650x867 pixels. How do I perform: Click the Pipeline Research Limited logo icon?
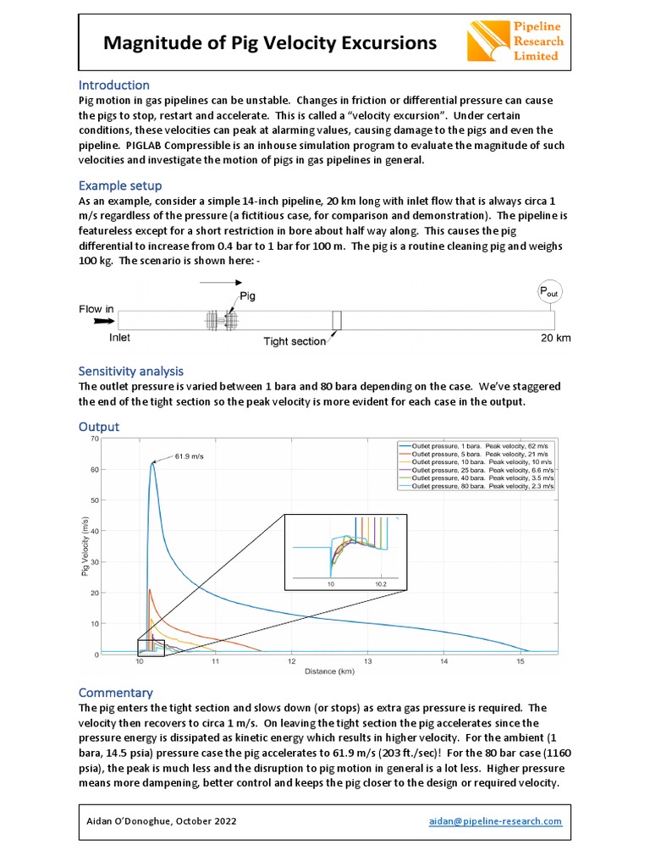(485, 41)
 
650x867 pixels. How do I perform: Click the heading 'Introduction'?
(113, 86)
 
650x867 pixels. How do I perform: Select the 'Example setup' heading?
(120, 185)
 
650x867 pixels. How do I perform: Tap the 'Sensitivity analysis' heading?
(130, 371)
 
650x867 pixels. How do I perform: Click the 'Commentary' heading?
(115, 693)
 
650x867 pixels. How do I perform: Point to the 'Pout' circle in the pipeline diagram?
(549, 293)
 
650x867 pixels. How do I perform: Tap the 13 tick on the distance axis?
(366, 660)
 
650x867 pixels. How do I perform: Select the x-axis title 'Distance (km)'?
(329, 672)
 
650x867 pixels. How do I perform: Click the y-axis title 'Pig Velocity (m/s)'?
(84, 546)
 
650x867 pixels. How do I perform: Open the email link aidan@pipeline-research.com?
(495, 821)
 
